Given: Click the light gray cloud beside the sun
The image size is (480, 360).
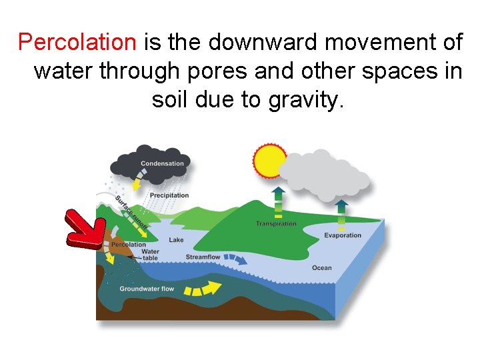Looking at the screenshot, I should pyautogui.click(x=323, y=175).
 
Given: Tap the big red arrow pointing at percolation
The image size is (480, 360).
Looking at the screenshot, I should pyautogui.click(x=83, y=229).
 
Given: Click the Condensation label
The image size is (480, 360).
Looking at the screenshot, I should pyautogui.click(x=162, y=163).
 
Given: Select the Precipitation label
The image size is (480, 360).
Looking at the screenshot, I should pyautogui.click(x=169, y=195).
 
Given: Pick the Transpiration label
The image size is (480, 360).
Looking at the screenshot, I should pyautogui.click(x=276, y=224).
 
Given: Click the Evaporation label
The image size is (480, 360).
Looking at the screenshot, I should pyautogui.click(x=343, y=235).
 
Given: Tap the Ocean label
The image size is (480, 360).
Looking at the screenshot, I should pyautogui.click(x=321, y=268).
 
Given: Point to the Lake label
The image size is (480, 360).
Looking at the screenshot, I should pyautogui.click(x=176, y=240).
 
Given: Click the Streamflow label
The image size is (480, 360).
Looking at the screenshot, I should pyautogui.click(x=203, y=257).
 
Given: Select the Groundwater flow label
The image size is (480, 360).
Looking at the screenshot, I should pyautogui.click(x=147, y=289).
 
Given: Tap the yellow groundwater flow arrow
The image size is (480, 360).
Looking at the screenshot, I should pyautogui.click(x=203, y=288).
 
